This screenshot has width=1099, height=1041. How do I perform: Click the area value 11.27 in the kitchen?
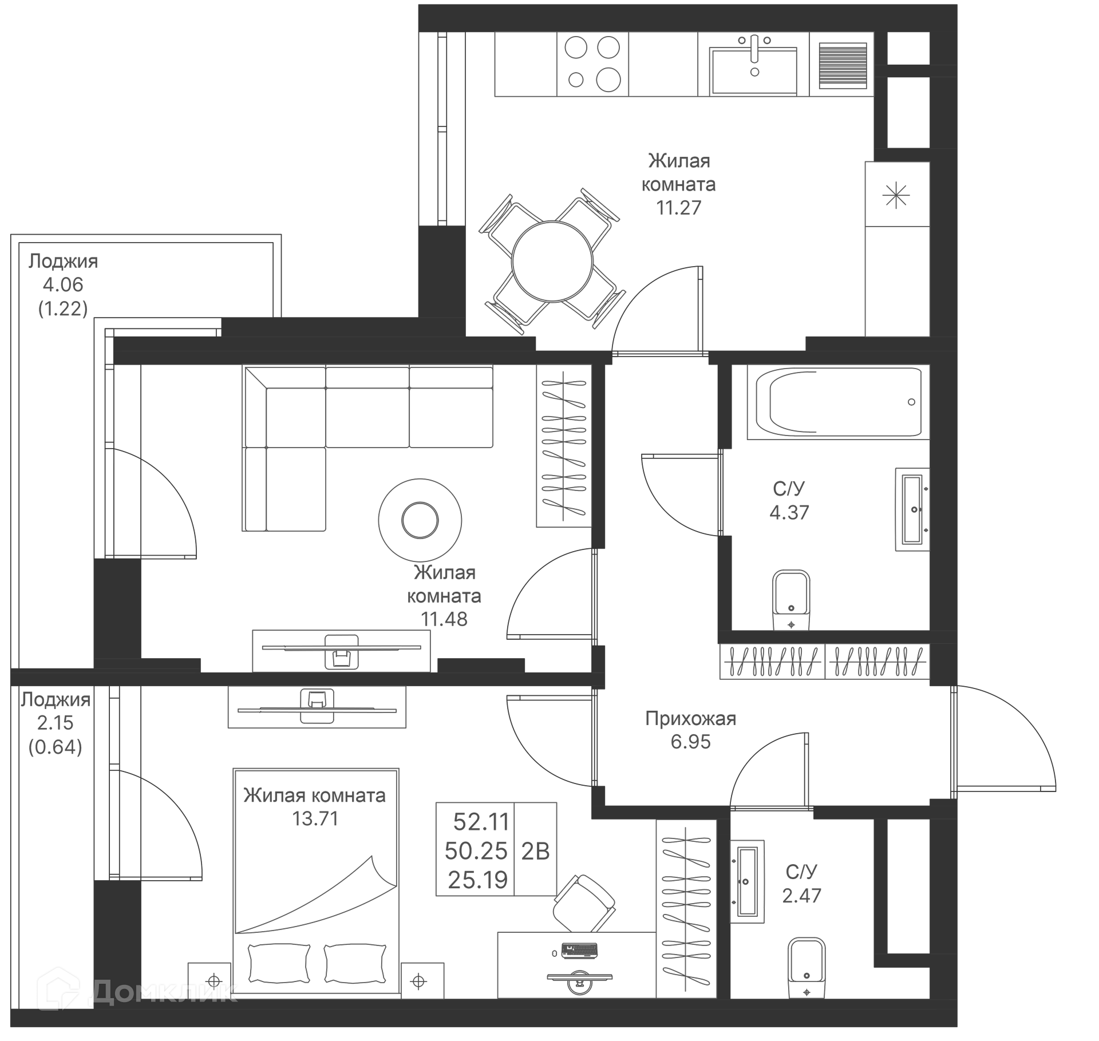point(678,208)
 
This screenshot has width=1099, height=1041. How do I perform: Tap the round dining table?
point(552,262)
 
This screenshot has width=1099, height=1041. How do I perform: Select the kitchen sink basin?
point(753,70)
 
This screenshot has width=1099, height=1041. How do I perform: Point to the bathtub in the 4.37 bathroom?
point(838,402)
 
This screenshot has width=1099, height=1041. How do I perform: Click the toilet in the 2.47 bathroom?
point(806,967)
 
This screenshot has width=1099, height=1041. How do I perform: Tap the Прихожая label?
point(690,718)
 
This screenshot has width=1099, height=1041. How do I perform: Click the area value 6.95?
point(690,742)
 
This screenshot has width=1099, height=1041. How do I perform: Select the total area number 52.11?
point(481,822)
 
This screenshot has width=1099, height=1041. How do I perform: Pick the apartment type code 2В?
point(535,851)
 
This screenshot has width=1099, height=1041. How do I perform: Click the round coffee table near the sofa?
point(420,520)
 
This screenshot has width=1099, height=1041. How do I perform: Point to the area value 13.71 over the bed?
point(315,818)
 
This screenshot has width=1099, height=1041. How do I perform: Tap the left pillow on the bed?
point(279,963)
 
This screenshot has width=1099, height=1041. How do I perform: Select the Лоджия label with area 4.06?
point(63,262)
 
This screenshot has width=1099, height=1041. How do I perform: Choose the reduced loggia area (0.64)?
point(55,747)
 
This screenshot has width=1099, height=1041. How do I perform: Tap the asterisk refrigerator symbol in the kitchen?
point(896,196)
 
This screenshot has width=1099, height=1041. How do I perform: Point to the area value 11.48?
point(444,619)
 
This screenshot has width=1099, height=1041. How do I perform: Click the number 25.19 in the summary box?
point(477,880)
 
